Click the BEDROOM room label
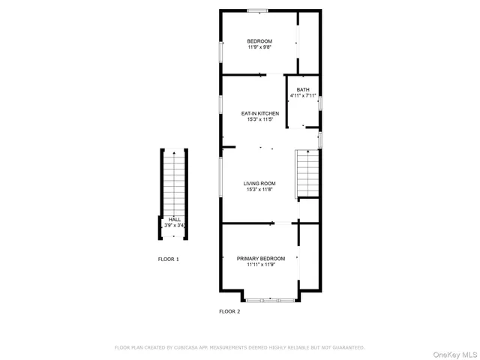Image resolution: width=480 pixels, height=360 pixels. pyautogui.click(x=259, y=40)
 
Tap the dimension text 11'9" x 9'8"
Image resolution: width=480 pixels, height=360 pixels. pyautogui.click(x=259, y=47)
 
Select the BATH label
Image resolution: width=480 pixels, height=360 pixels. pyautogui.click(x=302, y=89)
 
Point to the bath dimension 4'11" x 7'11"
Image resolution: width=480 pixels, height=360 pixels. pyautogui.click(x=302, y=95)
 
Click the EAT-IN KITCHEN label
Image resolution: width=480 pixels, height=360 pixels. pyautogui.click(x=259, y=113)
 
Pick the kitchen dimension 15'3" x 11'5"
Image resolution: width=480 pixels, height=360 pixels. pyautogui.click(x=259, y=119)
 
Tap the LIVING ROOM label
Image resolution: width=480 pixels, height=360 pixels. pyautogui.click(x=259, y=183)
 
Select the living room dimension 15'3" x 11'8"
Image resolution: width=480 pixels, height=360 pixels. pyautogui.click(x=259, y=189)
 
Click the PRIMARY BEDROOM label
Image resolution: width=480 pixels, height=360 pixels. pyautogui.click(x=260, y=258)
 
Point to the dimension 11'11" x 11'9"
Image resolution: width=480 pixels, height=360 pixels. pyautogui.click(x=260, y=264)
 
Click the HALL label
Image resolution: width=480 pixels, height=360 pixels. pyautogui.click(x=174, y=220)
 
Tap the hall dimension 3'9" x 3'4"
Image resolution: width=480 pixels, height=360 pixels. pyautogui.click(x=174, y=225)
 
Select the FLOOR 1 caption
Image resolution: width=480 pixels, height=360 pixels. pyautogui.click(x=168, y=259)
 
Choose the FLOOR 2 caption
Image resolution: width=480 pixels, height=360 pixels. pyautogui.click(x=229, y=310)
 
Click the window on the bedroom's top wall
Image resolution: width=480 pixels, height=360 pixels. pyautogui.click(x=258, y=10)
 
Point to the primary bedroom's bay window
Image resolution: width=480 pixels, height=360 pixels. pyautogui.click(x=270, y=300)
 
